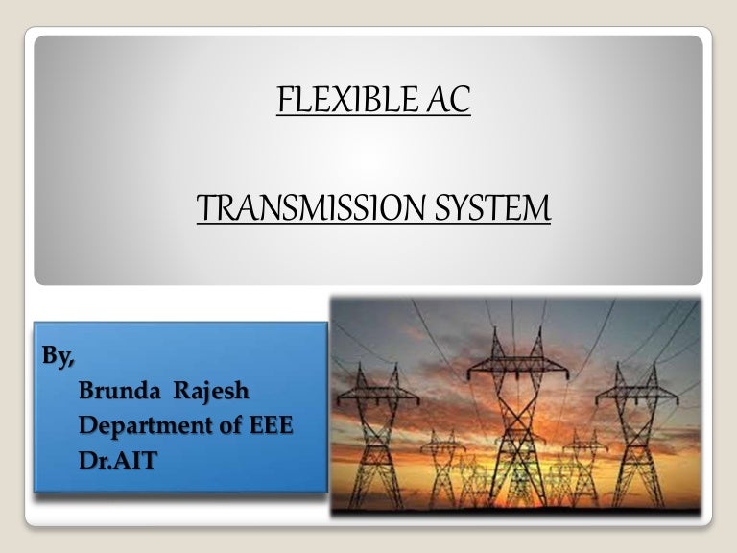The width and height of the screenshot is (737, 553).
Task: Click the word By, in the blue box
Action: point(59,356)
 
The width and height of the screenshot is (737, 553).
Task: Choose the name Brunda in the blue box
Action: point(115,391)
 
